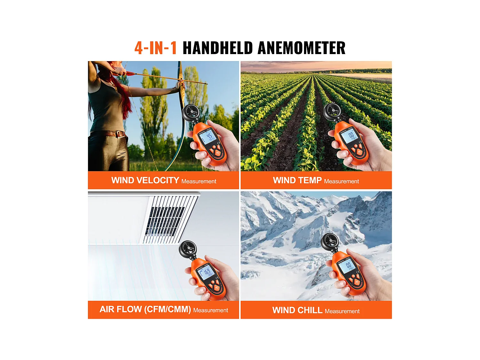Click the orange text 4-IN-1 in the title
click(156, 48)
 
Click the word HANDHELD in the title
click(218, 48)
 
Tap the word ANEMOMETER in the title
click(301, 48)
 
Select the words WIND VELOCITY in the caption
click(145, 180)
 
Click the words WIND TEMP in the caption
click(297, 180)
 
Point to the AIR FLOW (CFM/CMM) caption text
click(145, 309)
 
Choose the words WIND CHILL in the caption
click(297, 310)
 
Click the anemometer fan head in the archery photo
click(191, 112)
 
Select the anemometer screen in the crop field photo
click(350, 136)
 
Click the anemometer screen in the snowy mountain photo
click(348, 265)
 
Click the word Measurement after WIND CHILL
click(342, 311)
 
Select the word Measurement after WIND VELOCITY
click(199, 181)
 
